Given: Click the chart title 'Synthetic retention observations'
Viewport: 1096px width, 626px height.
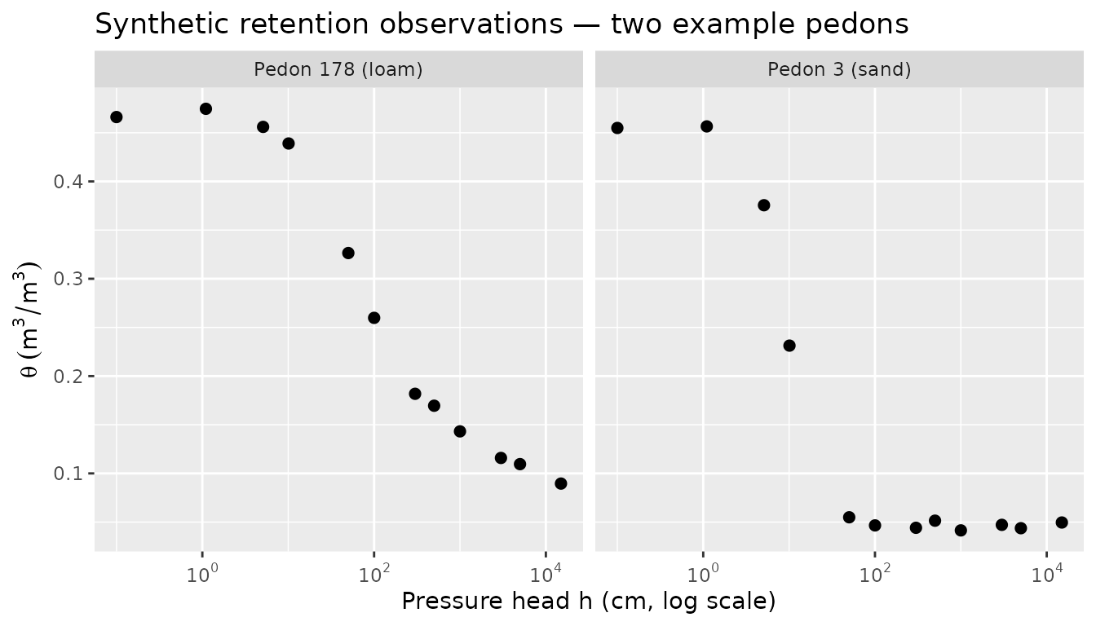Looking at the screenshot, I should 502,24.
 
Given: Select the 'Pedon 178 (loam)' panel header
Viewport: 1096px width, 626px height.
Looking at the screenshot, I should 338,69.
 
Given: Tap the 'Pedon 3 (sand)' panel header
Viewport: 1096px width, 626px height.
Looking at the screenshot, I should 839,69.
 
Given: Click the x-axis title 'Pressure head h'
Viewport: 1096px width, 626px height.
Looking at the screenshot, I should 588,602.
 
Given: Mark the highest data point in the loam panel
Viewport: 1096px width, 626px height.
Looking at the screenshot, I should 205,108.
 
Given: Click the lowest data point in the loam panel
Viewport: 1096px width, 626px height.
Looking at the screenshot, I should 560,483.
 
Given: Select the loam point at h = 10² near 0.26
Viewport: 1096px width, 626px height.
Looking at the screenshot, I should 373,318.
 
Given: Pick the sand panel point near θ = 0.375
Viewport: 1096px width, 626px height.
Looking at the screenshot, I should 763,205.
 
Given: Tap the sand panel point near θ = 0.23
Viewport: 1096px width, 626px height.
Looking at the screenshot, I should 789,346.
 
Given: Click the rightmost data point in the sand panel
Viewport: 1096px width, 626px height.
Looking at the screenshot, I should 1061,522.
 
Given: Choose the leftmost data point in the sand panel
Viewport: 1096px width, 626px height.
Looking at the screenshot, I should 617,128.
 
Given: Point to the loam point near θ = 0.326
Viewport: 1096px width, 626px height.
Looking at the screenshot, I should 348,253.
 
